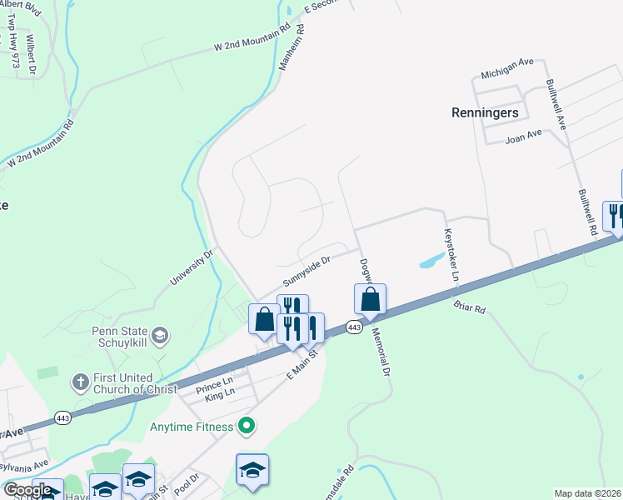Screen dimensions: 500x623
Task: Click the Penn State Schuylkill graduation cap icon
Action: coord(161,336)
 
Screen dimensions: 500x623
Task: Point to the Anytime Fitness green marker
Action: coord(246,427)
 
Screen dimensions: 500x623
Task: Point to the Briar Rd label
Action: coord(470,307)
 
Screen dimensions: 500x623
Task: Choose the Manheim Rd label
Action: coord(289,47)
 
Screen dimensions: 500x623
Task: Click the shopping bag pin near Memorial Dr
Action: coord(370,298)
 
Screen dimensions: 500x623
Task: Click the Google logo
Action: coord(27,490)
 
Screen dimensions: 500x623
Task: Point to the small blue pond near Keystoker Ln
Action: coord(431,261)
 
